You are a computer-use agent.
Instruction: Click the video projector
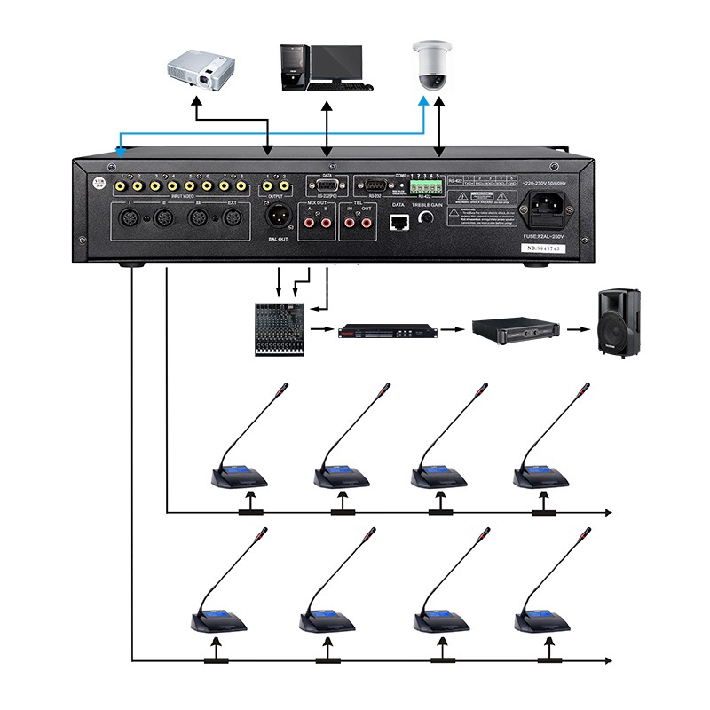(x=203, y=70)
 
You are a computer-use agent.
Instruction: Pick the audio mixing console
(x=280, y=329)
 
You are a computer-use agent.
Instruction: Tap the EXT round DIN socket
(x=233, y=217)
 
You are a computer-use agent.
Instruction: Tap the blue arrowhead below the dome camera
(x=423, y=104)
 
